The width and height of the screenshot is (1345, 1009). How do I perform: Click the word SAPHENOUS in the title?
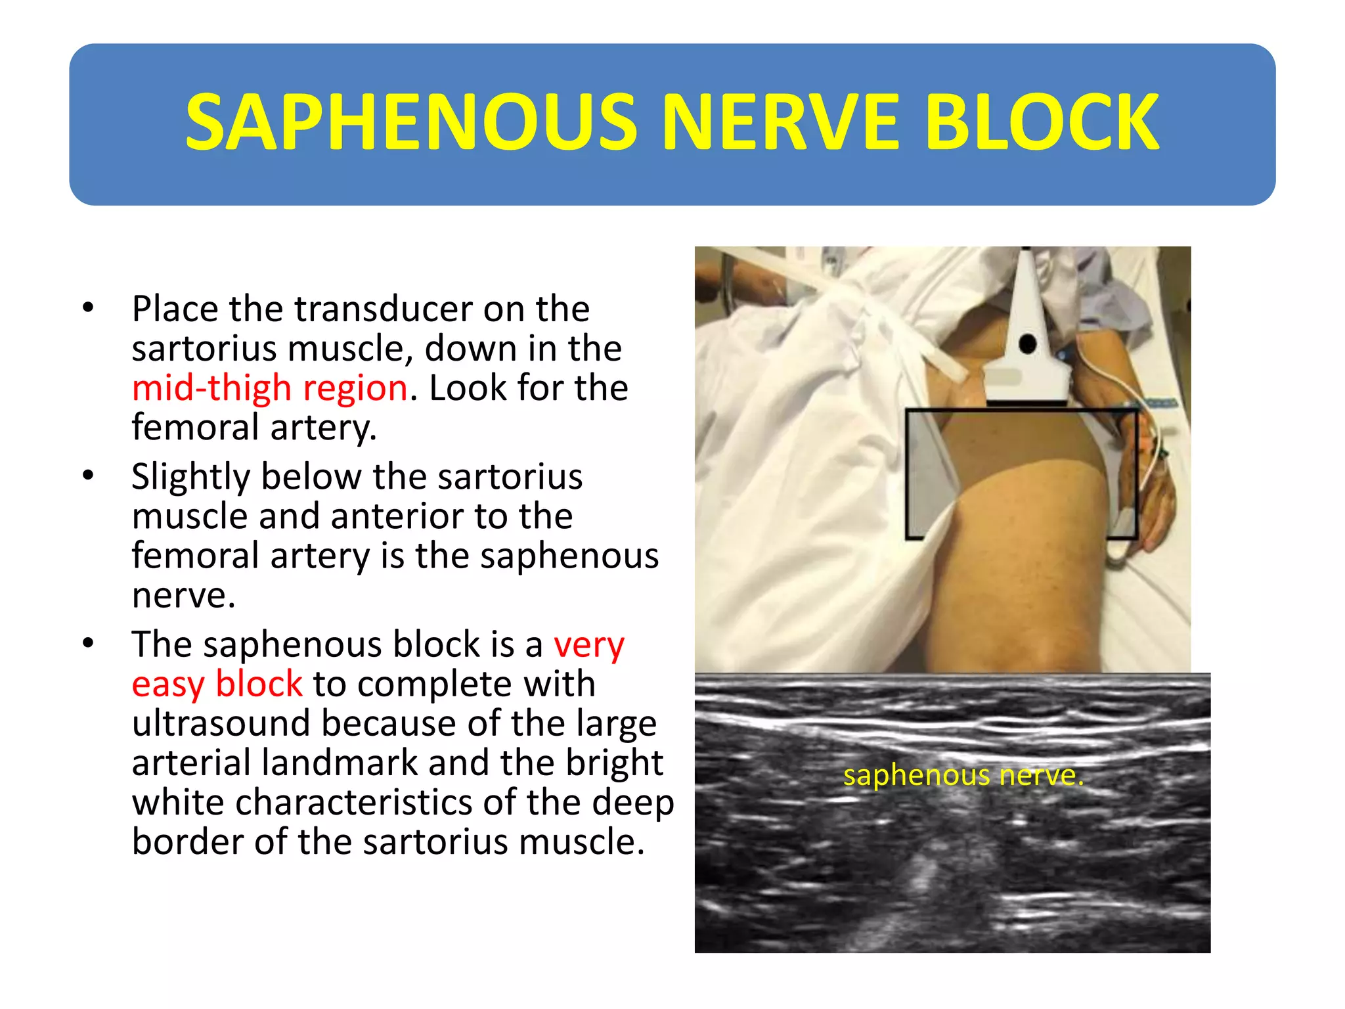point(412,123)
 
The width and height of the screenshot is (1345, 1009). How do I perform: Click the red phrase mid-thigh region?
point(270,388)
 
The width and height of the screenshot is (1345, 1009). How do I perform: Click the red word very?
point(588,645)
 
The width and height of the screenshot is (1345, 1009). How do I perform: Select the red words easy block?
point(217,684)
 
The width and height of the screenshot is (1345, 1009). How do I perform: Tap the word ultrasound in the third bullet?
point(221,724)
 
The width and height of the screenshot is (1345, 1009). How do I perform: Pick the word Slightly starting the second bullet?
point(190,477)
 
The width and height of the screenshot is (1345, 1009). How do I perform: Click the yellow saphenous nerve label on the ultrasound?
point(963,776)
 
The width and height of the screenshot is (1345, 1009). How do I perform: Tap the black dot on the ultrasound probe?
point(1028,344)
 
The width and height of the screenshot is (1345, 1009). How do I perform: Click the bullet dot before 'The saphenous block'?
point(88,644)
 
